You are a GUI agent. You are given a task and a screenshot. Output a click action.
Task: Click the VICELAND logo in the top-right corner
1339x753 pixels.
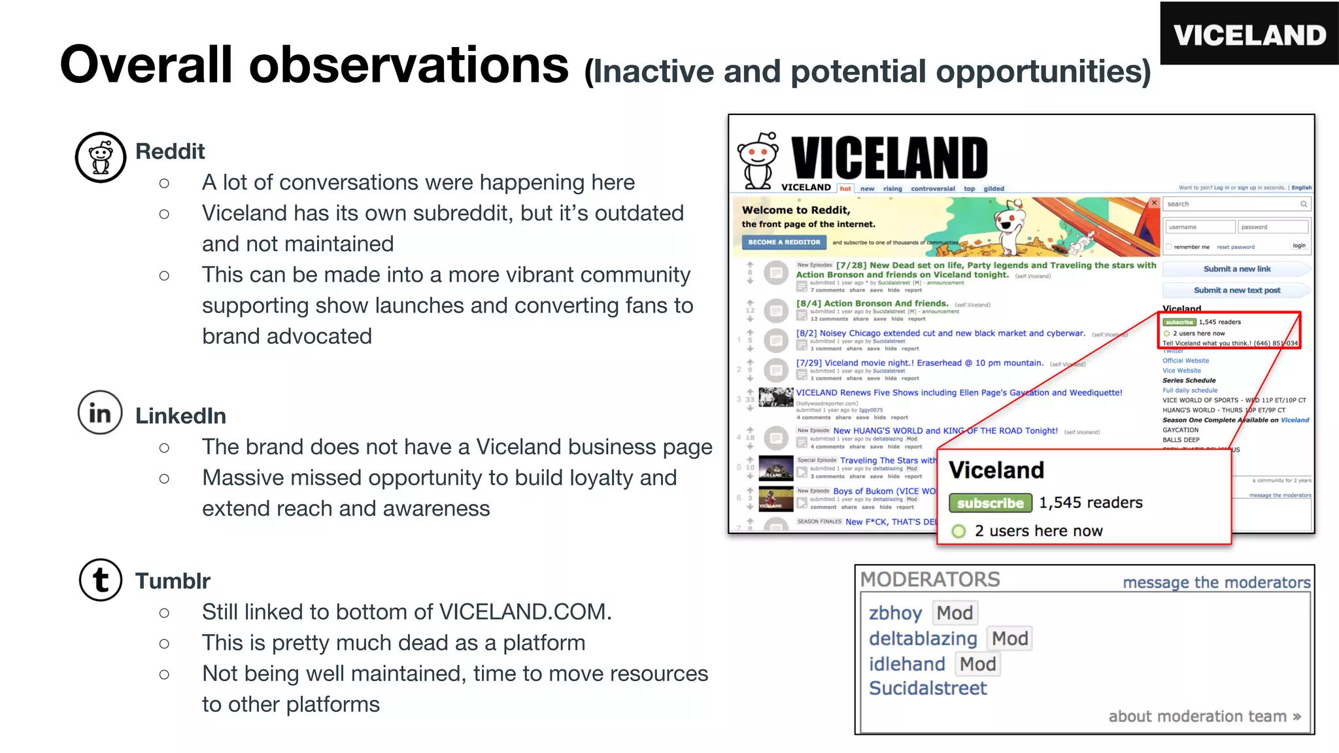[1249, 34]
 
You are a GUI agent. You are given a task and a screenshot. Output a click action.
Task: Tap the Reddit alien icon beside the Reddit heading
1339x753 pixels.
[101, 158]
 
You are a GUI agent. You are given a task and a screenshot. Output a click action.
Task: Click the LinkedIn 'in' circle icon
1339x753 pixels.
[100, 413]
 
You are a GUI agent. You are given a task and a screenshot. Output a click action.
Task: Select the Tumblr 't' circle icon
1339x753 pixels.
[101, 580]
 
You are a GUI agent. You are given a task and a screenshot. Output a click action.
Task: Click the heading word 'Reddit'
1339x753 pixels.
[170, 152]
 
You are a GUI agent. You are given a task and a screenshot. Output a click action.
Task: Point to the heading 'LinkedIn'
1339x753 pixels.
[180, 416]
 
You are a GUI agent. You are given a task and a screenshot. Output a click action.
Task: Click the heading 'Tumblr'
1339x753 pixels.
[173, 581]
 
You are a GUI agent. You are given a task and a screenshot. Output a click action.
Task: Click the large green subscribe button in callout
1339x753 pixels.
[991, 503]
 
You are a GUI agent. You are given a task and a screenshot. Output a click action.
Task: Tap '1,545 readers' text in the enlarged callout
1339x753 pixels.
[1091, 503]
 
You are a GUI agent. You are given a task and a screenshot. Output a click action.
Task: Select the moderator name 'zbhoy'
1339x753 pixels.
[895, 613]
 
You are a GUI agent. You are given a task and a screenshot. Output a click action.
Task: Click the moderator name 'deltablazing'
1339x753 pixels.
[923, 639]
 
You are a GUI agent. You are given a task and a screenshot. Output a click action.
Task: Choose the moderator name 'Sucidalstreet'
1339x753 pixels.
[928, 688]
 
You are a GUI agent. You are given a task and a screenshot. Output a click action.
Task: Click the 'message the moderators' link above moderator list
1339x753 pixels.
[1216, 582]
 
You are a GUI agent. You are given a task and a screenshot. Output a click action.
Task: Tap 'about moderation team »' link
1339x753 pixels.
[1204, 716]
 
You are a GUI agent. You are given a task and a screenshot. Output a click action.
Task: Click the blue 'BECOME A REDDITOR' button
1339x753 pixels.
[784, 243]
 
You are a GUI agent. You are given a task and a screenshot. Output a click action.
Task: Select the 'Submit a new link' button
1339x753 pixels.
[1236, 269]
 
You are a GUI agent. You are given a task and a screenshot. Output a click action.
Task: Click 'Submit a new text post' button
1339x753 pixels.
[1236, 290]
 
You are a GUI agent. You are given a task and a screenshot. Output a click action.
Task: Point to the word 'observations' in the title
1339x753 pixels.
[409, 65]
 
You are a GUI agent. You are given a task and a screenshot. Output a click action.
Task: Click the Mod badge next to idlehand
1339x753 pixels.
[977, 664]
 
